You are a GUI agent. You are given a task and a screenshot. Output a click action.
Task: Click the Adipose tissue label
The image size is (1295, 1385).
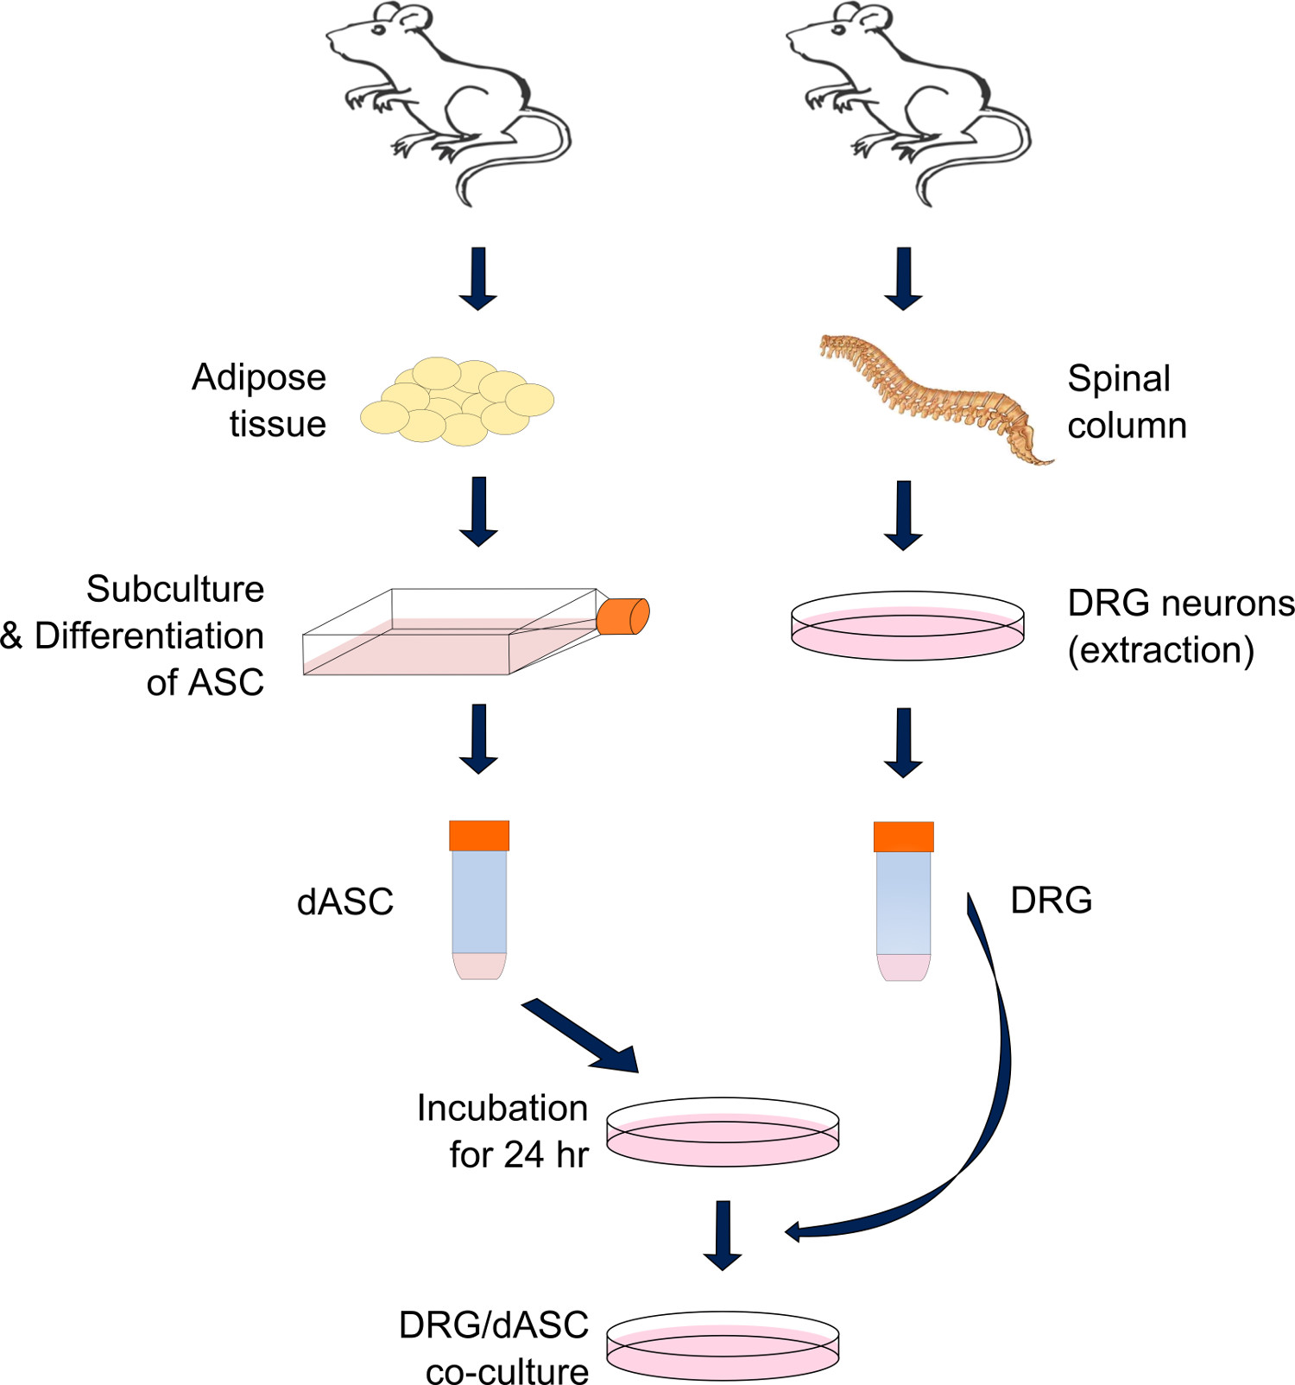pos(259,401)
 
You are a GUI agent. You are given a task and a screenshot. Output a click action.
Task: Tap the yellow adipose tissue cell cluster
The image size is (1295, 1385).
pos(457,402)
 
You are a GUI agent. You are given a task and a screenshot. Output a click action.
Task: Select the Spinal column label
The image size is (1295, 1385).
pos(1127,402)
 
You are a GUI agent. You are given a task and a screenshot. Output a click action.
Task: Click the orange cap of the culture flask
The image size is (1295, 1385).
pos(622,616)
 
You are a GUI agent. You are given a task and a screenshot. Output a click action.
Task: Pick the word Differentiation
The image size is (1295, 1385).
pos(149,636)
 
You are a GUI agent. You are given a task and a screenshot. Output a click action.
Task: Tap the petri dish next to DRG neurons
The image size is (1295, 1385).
pos(907,626)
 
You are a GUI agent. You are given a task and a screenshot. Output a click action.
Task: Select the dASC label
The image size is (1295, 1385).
pos(345,901)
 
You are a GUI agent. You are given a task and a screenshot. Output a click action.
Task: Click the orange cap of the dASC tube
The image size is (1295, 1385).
pos(479,836)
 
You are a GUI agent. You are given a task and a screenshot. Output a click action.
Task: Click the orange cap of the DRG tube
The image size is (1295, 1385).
pos(904,837)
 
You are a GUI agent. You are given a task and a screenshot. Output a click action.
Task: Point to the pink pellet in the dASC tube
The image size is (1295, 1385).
pos(479,965)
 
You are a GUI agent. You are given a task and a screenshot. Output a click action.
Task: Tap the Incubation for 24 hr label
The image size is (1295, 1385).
pos(503,1131)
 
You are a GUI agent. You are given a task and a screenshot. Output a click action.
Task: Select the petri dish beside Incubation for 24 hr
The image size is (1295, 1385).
pos(723,1132)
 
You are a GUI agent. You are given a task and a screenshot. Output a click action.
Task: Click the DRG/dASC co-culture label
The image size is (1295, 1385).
pos(495,1347)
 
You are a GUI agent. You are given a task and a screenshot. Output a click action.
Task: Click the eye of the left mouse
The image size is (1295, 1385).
pos(378,30)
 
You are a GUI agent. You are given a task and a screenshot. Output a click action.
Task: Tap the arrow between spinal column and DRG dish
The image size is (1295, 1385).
pos(904,515)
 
